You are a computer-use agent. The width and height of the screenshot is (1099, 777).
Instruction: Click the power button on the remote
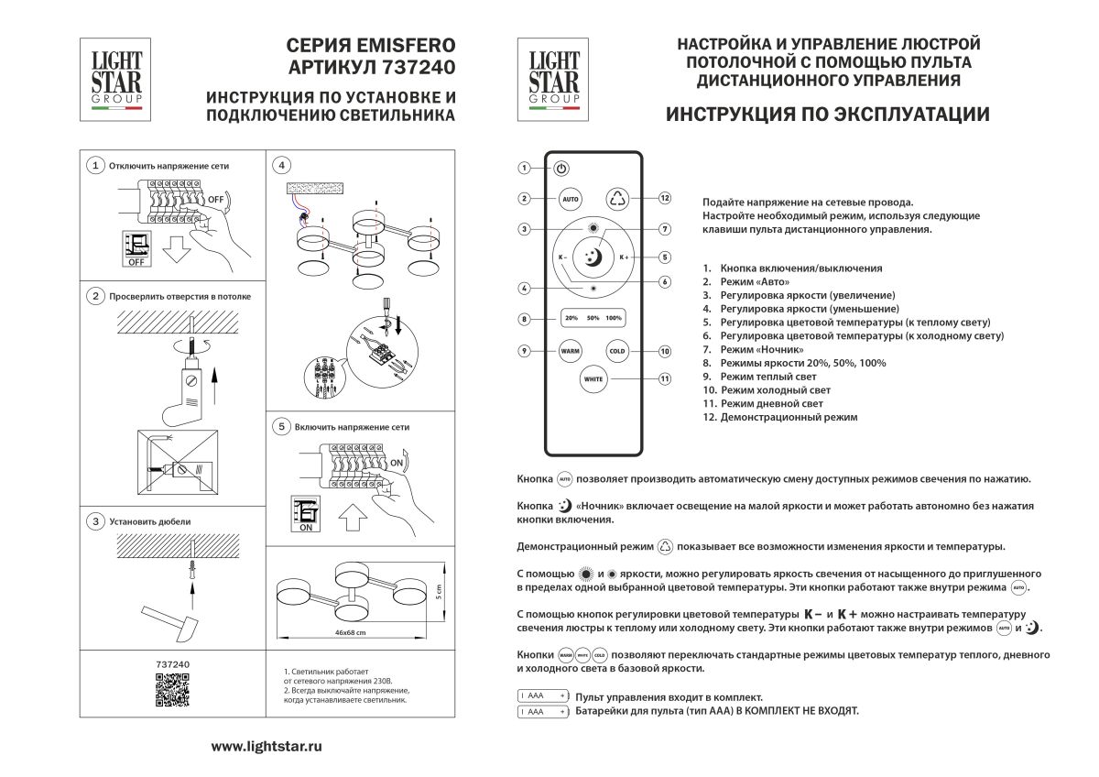[561, 169]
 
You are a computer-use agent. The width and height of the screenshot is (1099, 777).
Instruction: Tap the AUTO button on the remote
[570, 199]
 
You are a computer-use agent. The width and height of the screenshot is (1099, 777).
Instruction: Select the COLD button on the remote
[616, 351]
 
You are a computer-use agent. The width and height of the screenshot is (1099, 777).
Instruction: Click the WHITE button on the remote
[593, 378]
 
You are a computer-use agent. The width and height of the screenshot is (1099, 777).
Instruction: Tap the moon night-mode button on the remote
[593, 257]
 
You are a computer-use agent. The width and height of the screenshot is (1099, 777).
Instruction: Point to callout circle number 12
[665, 198]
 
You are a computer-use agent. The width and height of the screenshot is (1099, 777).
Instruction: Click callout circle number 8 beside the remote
[524, 319]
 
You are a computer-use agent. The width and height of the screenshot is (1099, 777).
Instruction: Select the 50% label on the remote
[593, 318]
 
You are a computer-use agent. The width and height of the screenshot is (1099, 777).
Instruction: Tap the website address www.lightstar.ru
[267, 747]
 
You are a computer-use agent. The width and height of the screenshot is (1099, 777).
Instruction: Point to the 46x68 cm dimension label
[351, 633]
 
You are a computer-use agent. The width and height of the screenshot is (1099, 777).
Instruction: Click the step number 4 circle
[282, 165]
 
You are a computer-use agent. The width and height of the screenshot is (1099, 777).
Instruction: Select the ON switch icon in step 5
[306, 515]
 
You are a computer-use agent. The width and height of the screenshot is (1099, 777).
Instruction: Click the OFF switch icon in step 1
[136, 248]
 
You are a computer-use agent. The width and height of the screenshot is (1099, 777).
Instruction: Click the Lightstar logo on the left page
[116, 78]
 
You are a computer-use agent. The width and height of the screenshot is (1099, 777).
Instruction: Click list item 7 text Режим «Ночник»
[761, 349]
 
